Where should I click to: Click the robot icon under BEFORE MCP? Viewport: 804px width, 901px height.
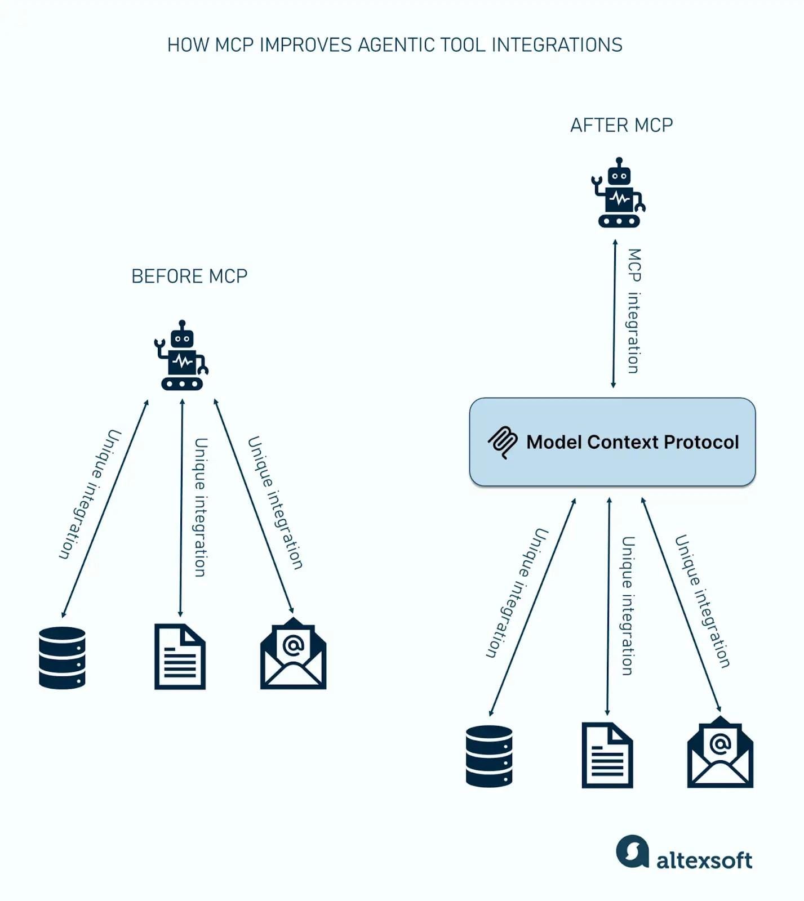click(181, 356)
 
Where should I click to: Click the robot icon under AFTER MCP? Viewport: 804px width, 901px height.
click(619, 193)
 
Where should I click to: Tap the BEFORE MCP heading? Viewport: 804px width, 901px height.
click(189, 276)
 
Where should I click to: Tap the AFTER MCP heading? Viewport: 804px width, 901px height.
click(621, 125)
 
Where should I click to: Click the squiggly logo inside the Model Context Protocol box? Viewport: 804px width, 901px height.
click(502, 442)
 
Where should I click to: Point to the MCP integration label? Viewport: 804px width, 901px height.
click(634, 311)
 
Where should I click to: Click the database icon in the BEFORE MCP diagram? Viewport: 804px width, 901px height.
click(62, 657)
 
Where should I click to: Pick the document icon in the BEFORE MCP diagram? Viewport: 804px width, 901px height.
click(180, 657)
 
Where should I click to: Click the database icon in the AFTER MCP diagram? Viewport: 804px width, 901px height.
click(489, 756)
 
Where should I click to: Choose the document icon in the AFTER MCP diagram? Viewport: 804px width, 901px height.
click(607, 755)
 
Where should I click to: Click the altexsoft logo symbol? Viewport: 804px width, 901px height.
click(632, 851)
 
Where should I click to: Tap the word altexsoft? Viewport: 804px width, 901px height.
click(704, 860)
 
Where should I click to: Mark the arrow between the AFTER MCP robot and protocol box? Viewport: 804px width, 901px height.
click(614, 314)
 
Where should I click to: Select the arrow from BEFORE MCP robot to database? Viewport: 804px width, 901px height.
click(105, 509)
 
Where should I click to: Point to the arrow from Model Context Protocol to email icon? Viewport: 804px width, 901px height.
click(681, 605)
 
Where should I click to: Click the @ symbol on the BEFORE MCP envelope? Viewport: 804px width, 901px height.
click(293, 645)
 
